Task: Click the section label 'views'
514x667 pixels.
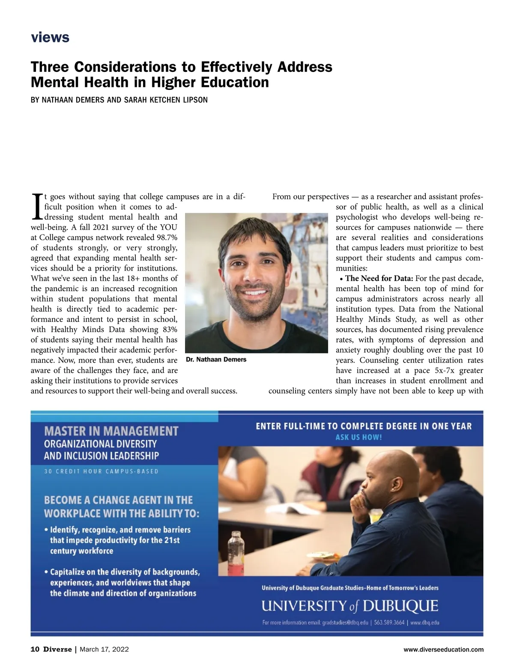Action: click(x=50, y=38)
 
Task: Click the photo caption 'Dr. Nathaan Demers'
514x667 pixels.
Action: click(x=216, y=360)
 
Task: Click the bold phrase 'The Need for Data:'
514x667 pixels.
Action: click(x=379, y=279)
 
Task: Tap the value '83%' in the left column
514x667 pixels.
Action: click(x=168, y=330)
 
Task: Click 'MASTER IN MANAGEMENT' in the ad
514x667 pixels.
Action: click(x=111, y=431)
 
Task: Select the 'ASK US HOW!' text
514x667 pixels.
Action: click(x=359, y=437)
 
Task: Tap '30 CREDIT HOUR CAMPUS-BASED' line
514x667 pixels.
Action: click(x=101, y=471)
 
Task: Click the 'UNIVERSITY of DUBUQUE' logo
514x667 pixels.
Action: click(x=350, y=606)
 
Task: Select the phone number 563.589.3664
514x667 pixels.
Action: click(x=389, y=622)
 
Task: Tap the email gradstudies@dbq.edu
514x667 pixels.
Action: click(x=345, y=622)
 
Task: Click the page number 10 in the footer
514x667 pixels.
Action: click(x=35, y=649)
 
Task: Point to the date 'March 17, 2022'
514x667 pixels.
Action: click(x=104, y=649)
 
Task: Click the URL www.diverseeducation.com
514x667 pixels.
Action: click(x=443, y=649)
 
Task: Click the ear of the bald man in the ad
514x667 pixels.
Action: click(x=396, y=484)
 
